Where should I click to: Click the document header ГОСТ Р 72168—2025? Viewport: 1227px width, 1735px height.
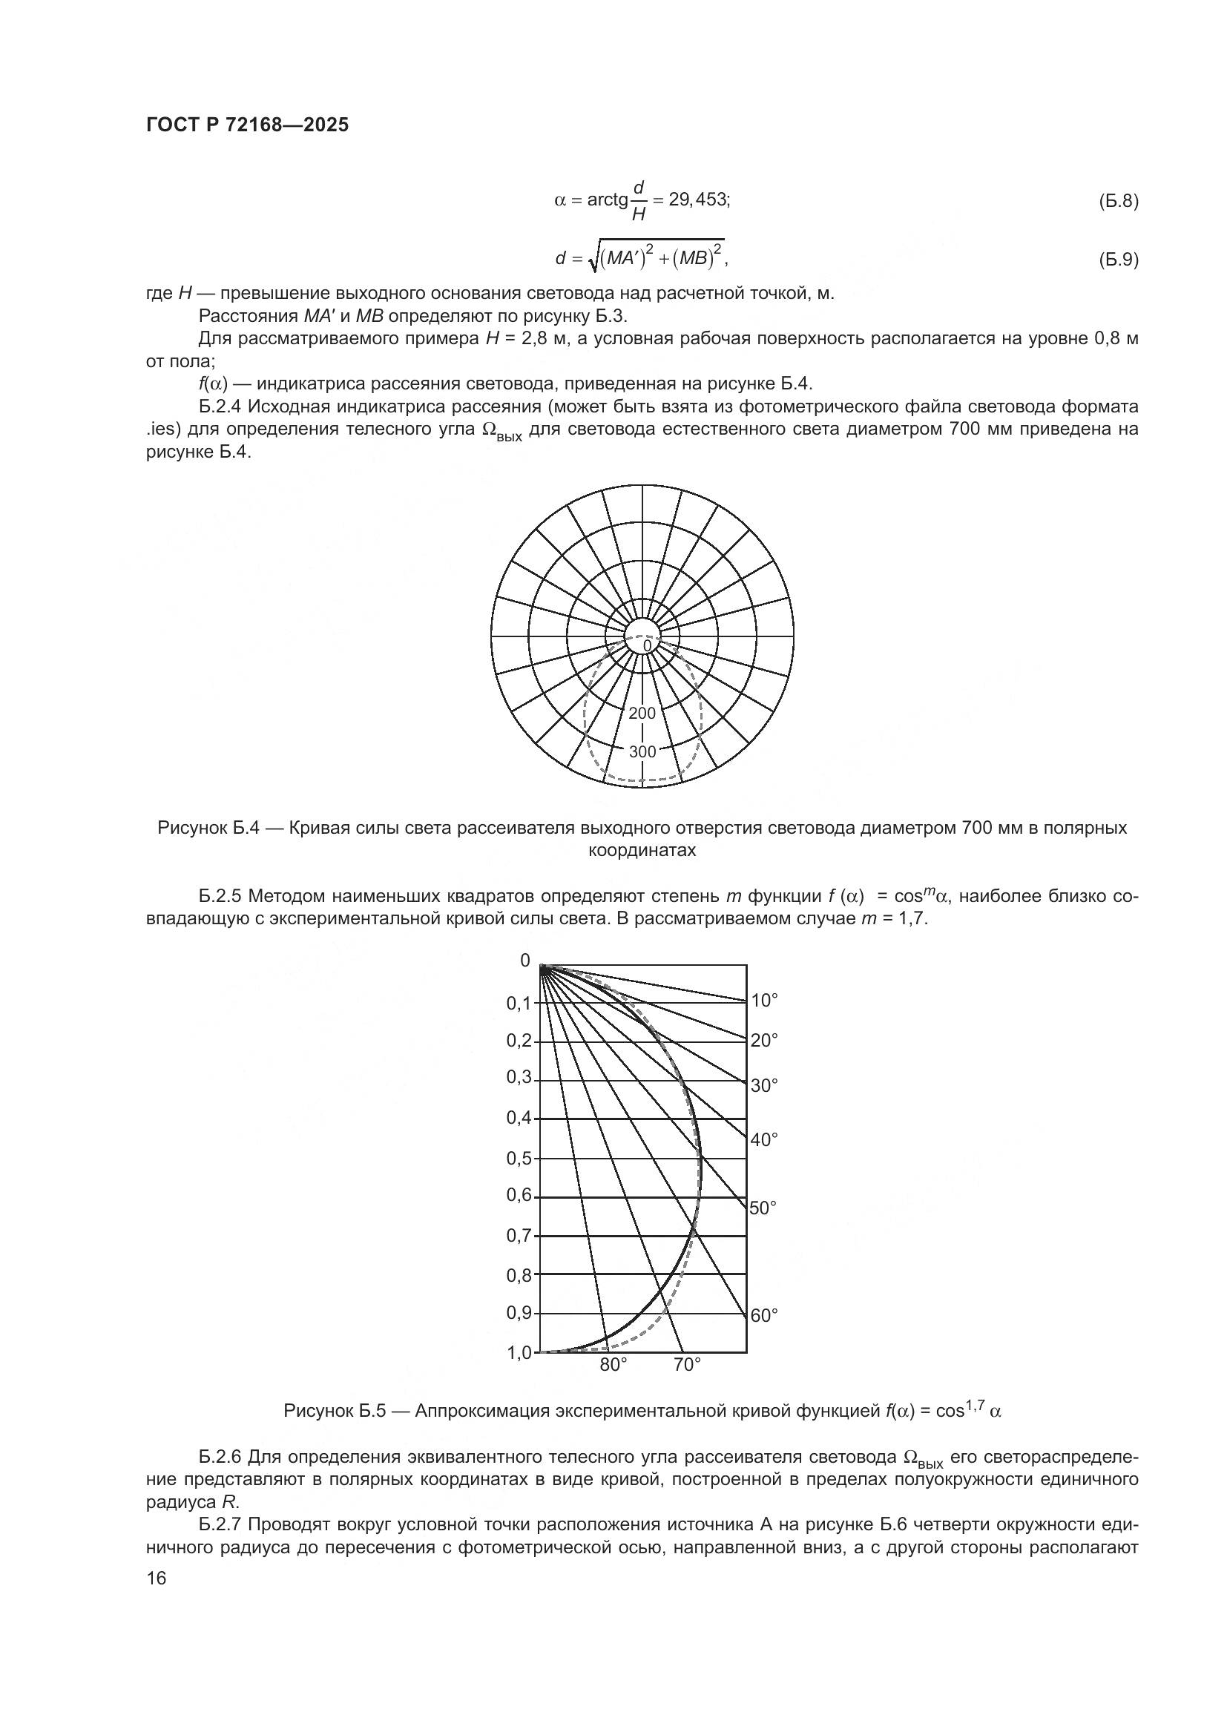247,125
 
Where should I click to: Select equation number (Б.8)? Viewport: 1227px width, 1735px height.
1117,201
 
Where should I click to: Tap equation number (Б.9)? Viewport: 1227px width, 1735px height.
1117,260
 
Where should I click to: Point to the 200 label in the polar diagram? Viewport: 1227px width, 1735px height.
642,714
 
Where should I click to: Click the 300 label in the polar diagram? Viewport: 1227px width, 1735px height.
642,751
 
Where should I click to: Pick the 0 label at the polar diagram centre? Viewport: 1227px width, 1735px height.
647,646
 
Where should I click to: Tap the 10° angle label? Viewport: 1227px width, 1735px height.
765,1001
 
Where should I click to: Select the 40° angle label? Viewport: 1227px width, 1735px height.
765,1139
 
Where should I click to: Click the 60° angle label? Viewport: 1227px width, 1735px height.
765,1316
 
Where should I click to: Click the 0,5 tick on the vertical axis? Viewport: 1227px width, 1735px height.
519,1158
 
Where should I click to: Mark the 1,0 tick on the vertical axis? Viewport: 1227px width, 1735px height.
519,1353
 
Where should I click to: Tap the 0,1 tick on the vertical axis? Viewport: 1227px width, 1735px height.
519,1004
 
